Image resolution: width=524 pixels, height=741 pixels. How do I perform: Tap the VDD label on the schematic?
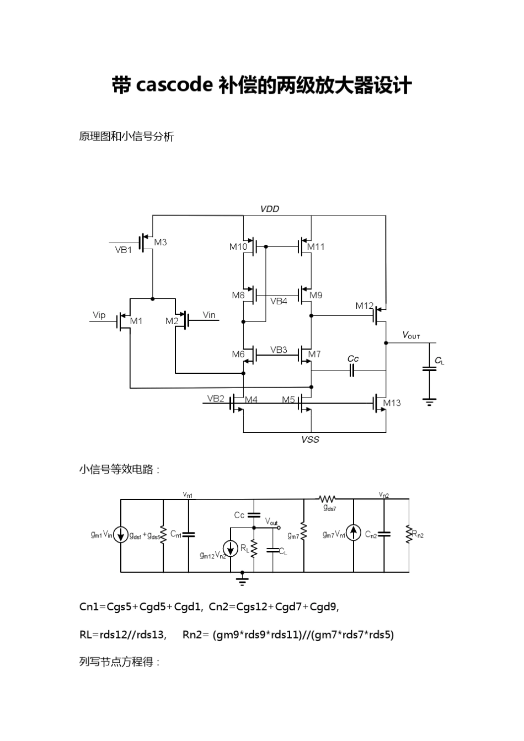pyautogui.click(x=270, y=209)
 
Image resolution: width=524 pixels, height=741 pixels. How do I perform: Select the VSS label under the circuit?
pyautogui.click(x=310, y=439)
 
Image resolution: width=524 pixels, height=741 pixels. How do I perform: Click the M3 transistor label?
pyautogui.click(x=161, y=242)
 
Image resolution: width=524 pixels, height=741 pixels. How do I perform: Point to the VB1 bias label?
pyautogui.click(x=124, y=249)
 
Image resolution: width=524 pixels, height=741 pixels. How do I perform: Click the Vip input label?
pyautogui.click(x=99, y=315)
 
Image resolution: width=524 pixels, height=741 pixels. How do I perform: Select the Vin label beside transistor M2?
pyautogui.click(x=209, y=315)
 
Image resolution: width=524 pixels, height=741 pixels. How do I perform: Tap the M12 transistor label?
pyautogui.click(x=364, y=305)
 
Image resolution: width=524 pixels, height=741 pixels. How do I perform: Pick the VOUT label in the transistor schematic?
pyautogui.click(x=411, y=335)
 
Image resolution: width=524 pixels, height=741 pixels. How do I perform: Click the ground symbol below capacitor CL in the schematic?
pyautogui.click(x=429, y=401)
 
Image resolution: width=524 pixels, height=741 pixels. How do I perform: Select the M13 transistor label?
pyautogui.click(x=392, y=402)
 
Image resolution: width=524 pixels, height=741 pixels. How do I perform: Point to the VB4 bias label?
pyautogui.click(x=279, y=301)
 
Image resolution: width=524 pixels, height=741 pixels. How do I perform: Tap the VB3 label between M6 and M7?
pyautogui.click(x=279, y=350)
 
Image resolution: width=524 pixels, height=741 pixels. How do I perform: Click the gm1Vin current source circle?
pyautogui.click(x=121, y=534)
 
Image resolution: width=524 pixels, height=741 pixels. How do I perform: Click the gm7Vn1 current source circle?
pyautogui.click(x=354, y=533)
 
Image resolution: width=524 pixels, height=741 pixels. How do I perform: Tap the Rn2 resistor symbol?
pyautogui.click(x=409, y=534)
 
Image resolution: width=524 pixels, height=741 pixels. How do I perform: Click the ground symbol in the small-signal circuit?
pyautogui.click(x=242, y=579)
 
